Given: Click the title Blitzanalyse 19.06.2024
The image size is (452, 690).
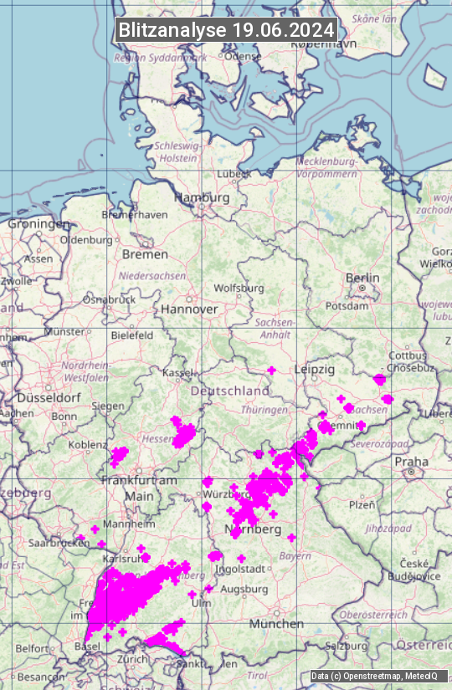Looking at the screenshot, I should (x=226, y=29).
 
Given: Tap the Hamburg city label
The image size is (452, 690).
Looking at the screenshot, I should (x=201, y=198).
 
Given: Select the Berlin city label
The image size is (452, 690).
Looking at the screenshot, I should (x=362, y=278).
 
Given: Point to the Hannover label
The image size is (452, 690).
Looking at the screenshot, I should (x=189, y=309).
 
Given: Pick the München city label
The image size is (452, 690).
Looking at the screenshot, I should (x=276, y=624).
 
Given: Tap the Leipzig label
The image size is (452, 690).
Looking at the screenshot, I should (x=315, y=369).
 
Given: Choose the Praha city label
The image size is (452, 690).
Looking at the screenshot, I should (x=411, y=462).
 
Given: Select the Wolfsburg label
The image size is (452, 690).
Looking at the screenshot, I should (x=239, y=289).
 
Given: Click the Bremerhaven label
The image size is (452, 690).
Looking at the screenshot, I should (x=134, y=215).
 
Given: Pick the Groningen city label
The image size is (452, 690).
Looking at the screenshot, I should (x=39, y=224).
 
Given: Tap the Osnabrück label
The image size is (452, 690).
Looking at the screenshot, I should (x=109, y=299).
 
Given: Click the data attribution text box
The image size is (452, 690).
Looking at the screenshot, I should (x=376, y=677).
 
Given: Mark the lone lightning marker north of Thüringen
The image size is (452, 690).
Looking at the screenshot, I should (x=271, y=370).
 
